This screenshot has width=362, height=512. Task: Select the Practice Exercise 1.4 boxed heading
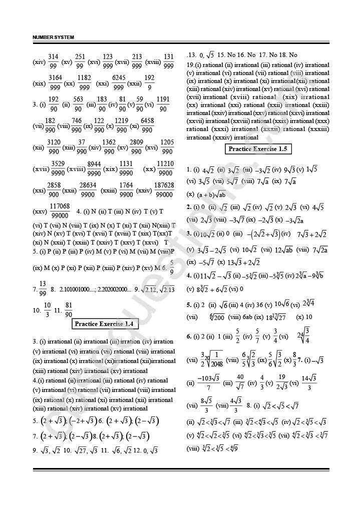click(104, 324)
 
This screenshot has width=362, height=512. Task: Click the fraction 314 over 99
click(53, 61)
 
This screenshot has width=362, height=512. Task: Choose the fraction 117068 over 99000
click(60, 211)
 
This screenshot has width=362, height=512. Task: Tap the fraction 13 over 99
click(43, 288)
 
